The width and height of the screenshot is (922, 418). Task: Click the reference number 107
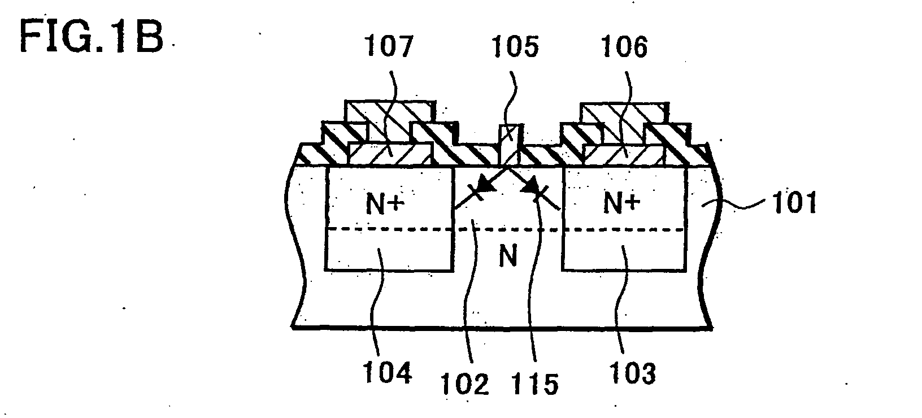point(389,46)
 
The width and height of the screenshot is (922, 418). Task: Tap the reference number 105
point(515,46)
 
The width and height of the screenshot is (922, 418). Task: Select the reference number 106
point(624,46)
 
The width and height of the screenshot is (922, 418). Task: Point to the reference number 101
point(794,203)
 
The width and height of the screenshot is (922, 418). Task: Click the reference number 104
point(387,373)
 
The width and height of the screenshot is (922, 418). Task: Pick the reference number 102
point(465,384)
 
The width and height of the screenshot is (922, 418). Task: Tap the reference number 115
point(534,384)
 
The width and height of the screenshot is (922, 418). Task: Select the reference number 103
point(632,373)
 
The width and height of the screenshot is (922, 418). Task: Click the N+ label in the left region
point(385,204)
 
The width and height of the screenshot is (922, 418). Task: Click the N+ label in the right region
point(622,203)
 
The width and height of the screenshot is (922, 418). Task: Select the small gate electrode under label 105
point(510,145)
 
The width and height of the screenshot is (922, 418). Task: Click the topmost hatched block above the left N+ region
point(390,112)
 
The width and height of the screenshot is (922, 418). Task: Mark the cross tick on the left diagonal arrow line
point(477,193)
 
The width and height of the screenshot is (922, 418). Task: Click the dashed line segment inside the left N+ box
point(389,229)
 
